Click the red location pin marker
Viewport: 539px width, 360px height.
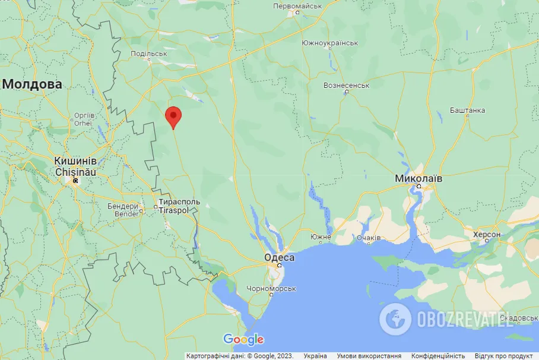[x=173, y=116]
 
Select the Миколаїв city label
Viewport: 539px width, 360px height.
[x=418, y=178]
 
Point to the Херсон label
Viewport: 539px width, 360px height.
[x=487, y=235]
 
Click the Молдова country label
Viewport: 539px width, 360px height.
[x=32, y=84]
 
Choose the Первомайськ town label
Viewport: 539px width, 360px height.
[x=297, y=6]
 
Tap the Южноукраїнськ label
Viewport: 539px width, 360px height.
[x=330, y=43]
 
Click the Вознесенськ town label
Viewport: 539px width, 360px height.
[x=347, y=86]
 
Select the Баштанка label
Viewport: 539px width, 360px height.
[x=467, y=110]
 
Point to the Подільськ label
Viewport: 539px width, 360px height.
[x=149, y=53]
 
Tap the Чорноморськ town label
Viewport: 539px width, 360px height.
[x=271, y=289]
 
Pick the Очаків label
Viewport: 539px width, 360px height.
[x=369, y=238]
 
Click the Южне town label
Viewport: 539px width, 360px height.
[x=321, y=238]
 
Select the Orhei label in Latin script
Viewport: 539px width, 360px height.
[x=83, y=123]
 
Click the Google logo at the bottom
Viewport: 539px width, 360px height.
[x=243, y=340]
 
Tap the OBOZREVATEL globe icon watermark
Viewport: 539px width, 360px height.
[x=395, y=318]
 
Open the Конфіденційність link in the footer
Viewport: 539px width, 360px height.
[x=438, y=356]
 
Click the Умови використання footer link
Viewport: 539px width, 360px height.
[x=369, y=356]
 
